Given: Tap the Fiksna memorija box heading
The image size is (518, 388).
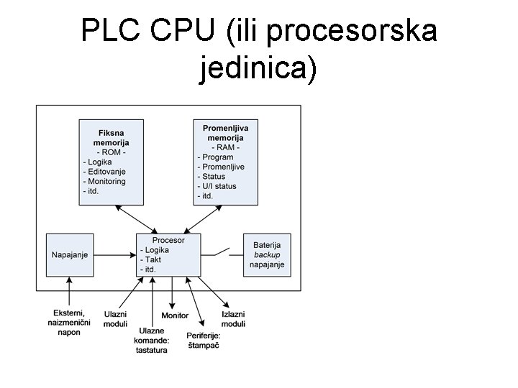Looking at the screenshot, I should [x=111, y=138].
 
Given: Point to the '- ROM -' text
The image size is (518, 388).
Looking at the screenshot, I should [x=112, y=152].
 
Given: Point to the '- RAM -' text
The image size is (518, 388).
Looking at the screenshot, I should [x=224, y=147].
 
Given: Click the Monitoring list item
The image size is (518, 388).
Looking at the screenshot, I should [x=106, y=181].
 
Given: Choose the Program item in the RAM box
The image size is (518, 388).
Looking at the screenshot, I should [x=215, y=157].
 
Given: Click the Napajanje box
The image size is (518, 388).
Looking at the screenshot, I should [x=69, y=255].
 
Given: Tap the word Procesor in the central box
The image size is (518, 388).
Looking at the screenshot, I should [x=168, y=240].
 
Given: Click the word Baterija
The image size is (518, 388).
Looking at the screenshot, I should [x=267, y=245].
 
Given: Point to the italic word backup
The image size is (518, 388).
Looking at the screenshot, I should [x=267, y=254].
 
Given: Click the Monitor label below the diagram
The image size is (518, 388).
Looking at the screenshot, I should [x=175, y=315].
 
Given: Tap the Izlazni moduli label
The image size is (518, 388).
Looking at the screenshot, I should [x=234, y=320].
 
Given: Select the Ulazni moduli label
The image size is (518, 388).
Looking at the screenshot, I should [x=116, y=319].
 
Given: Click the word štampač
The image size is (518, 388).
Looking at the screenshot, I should [x=204, y=346].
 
